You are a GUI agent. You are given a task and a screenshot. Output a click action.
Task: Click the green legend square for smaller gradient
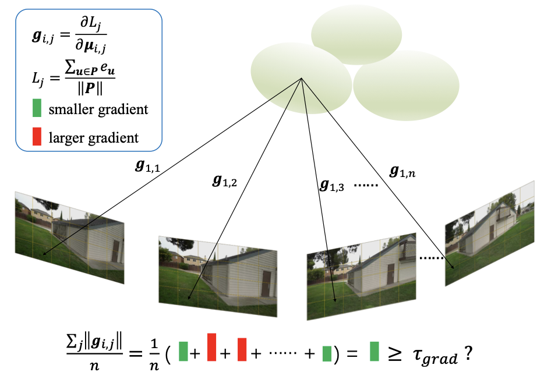tap(37, 108)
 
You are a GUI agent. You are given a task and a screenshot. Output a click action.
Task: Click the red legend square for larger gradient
tap(37, 137)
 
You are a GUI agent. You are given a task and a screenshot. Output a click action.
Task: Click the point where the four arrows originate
tap(302, 79)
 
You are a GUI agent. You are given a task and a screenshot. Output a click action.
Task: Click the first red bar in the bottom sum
tap(212, 348)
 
